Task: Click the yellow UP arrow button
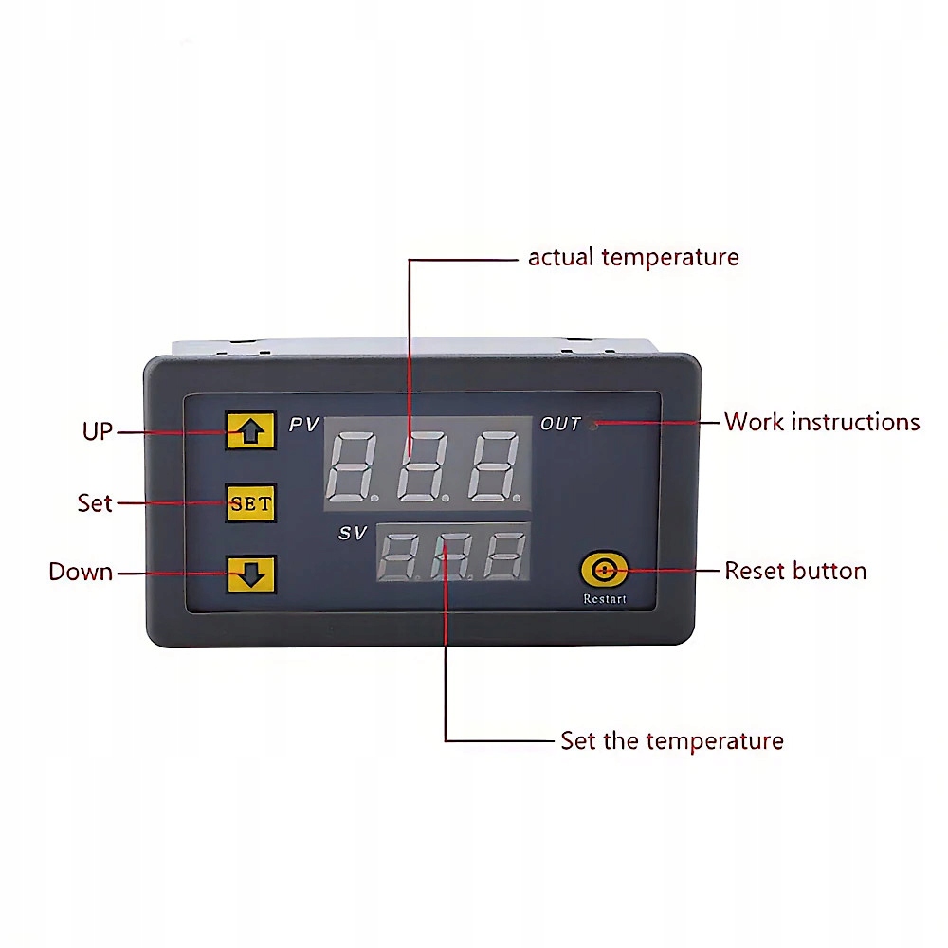(250, 431)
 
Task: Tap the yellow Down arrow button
(250, 574)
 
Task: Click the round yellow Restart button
(604, 571)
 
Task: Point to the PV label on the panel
(304, 426)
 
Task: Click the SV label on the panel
(352, 534)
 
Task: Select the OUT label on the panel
(559, 424)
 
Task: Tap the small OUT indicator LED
(595, 423)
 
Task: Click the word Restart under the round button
(605, 599)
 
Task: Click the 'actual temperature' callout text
(633, 257)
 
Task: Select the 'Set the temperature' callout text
(671, 740)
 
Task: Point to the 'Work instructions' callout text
(822, 422)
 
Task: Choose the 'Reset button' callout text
(795, 571)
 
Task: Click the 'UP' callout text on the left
(97, 431)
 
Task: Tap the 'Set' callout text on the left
(95, 502)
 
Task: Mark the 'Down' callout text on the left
(81, 573)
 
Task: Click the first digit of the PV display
(353, 465)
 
